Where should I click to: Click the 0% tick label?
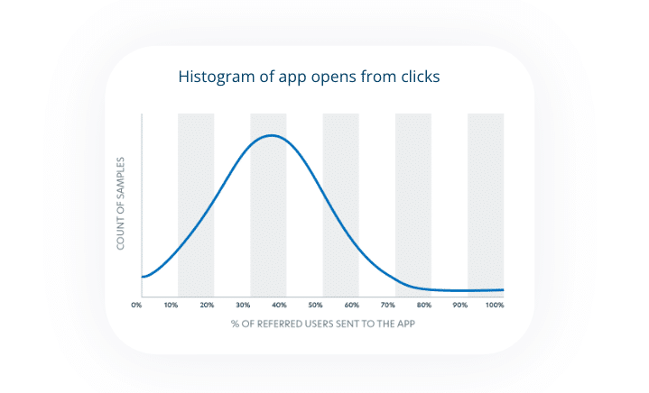(136, 306)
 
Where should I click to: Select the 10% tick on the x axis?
(172, 306)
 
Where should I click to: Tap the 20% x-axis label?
(208, 306)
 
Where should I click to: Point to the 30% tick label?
(244, 306)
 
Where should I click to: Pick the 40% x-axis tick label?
(280, 306)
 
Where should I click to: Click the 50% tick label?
(316, 306)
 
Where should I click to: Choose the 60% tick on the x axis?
(352, 306)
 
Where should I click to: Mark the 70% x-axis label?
(388, 306)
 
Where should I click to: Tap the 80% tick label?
(424, 306)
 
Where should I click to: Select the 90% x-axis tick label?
(460, 306)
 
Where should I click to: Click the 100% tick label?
(494, 306)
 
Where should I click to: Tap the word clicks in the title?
(419, 78)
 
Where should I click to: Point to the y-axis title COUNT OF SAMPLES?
(120, 204)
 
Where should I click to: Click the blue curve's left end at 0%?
(143, 276)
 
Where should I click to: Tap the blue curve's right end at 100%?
(502, 289)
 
